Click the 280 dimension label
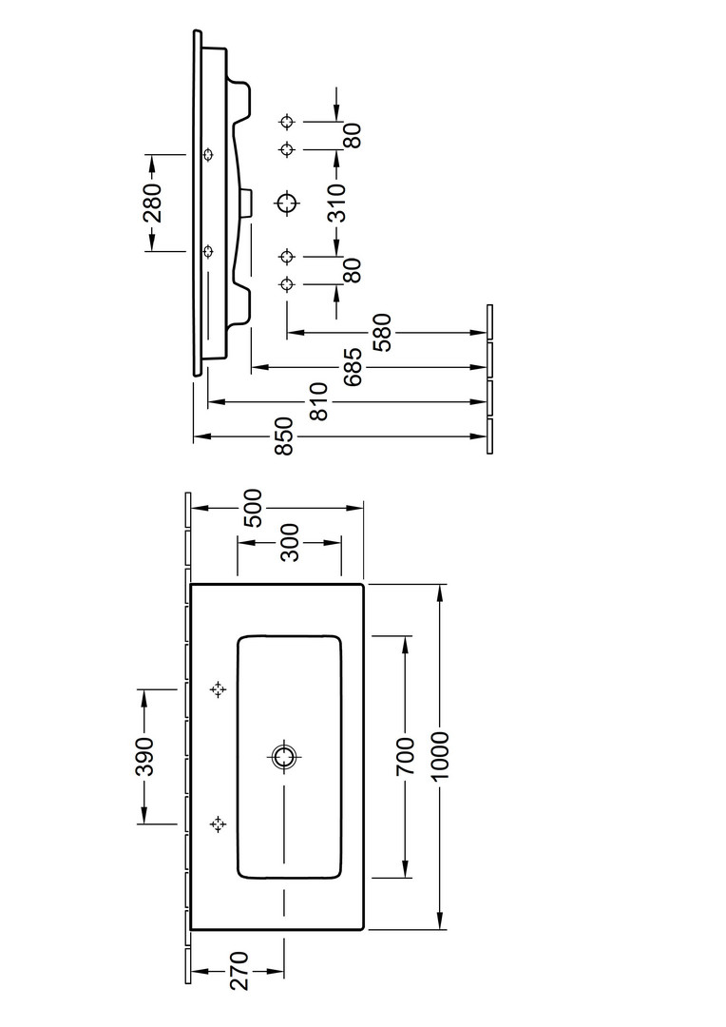(153, 203)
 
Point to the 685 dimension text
(351, 366)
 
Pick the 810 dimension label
(319, 401)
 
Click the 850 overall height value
(284, 437)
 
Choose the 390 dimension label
(143, 756)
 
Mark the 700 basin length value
(406, 756)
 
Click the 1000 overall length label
(440, 756)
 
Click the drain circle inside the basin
(283, 757)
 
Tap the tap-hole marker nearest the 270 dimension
(218, 824)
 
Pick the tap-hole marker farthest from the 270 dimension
(218, 689)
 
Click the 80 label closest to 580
(351, 271)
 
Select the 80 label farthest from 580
(351, 135)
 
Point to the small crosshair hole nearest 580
(287, 284)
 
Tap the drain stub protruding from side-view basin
(248, 203)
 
